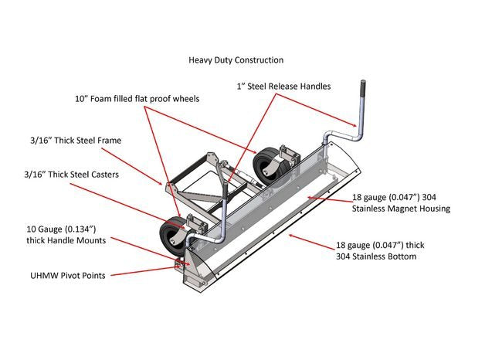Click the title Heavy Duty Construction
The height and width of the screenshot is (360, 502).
(x=236, y=59)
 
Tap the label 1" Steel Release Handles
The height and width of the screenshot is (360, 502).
(x=283, y=87)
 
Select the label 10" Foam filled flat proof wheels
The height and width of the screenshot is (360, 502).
(x=137, y=99)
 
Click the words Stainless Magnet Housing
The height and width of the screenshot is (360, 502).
(x=401, y=209)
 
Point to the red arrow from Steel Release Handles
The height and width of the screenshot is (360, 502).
(x=316, y=108)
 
